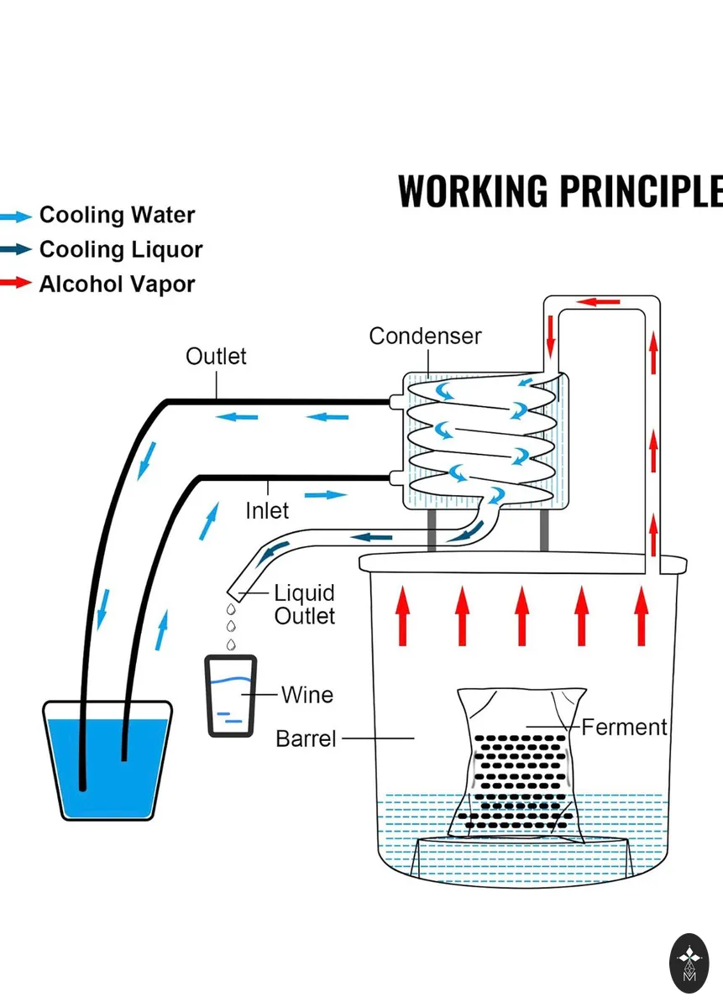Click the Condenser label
click(425, 337)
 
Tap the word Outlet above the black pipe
click(216, 357)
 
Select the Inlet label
click(267, 511)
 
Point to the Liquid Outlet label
click(305, 604)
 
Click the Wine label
click(307, 695)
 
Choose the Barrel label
click(306, 738)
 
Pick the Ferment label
click(624, 727)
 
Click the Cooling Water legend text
click(118, 215)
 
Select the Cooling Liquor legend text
click(121, 249)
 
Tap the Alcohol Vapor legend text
click(118, 284)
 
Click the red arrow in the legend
click(16, 283)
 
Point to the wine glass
click(231, 697)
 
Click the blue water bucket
click(107, 759)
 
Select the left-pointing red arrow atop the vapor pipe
click(599, 301)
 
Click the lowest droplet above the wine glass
click(231, 644)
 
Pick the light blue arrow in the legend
click(16, 217)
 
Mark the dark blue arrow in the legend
click(16, 248)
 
